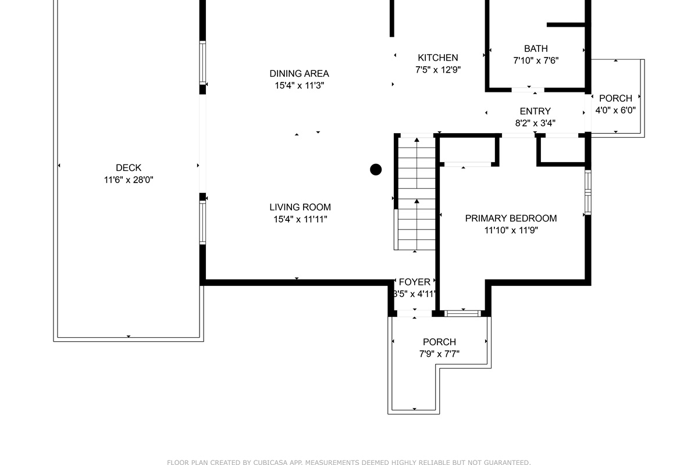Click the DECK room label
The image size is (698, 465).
[x=128, y=168]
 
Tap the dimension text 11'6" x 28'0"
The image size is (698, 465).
[x=128, y=180]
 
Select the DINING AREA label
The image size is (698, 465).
[x=299, y=73]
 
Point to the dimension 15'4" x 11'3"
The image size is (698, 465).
[x=299, y=85]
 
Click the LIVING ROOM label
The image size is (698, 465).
[x=300, y=207]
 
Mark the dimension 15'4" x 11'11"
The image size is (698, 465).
[x=300, y=219]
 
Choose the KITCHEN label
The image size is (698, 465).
[x=437, y=58]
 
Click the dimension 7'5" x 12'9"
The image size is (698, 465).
[x=437, y=70]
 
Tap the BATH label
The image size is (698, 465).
[x=535, y=49]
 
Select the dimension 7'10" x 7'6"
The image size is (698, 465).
[x=535, y=60]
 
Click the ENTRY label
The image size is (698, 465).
[x=535, y=111]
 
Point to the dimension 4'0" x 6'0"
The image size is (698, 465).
[x=615, y=110]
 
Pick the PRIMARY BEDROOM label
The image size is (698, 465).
[x=511, y=218]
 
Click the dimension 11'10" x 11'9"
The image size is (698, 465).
[x=511, y=230]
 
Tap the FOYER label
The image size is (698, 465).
[x=414, y=282]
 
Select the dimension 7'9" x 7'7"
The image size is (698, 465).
[x=439, y=354]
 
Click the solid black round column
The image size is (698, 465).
[x=376, y=170]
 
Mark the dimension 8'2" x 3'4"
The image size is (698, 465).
[x=535, y=123]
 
